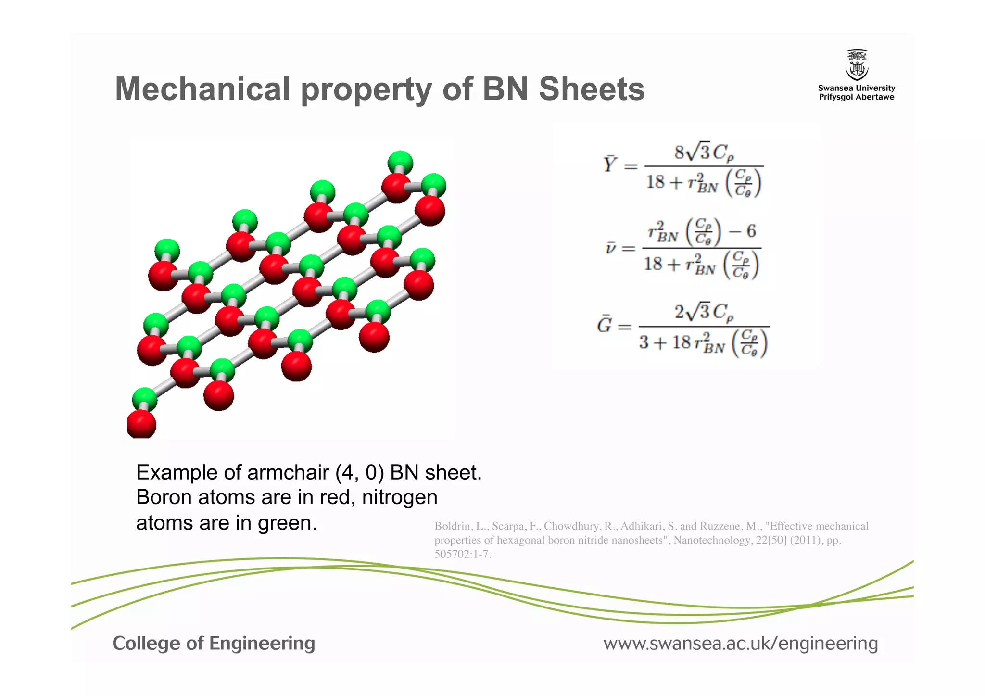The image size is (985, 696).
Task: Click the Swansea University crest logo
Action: click(857, 65)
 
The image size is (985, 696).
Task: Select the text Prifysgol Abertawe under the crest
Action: click(857, 97)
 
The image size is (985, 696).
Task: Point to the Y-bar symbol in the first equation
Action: click(610, 164)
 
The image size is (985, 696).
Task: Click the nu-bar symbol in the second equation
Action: click(610, 248)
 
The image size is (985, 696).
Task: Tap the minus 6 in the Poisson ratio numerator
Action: click(743, 231)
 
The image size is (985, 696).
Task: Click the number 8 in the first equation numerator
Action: click(679, 152)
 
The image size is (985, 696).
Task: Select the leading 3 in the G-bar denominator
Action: click(644, 342)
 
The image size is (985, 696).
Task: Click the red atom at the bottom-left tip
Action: click(141, 424)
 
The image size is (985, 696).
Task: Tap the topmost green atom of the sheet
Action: click(400, 162)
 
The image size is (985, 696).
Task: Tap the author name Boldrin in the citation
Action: click(452, 526)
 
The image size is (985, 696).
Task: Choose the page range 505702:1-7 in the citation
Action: click(462, 554)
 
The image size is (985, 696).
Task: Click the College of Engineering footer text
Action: click(214, 643)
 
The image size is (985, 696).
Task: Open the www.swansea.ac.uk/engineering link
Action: click(741, 643)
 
